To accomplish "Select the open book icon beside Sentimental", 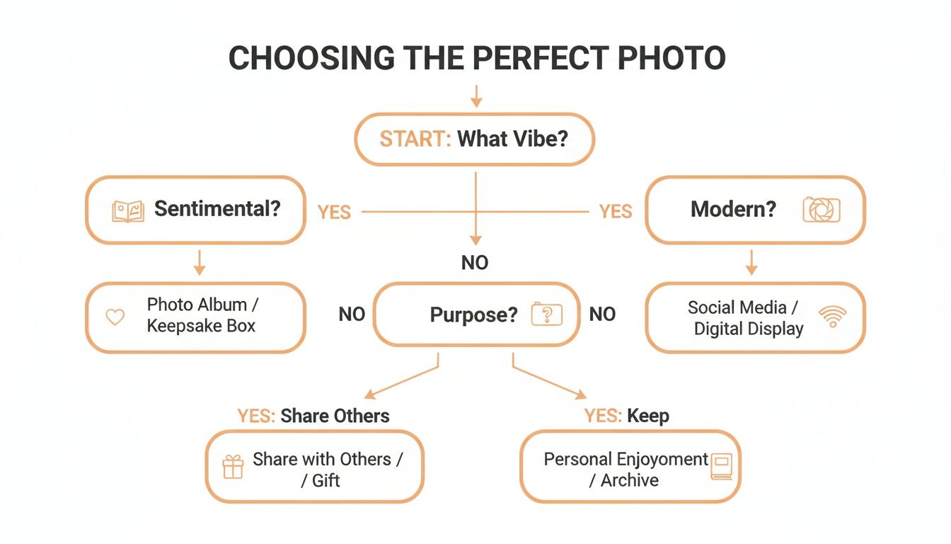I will coord(128,210).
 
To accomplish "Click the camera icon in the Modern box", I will coord(822,210).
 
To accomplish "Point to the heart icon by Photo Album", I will coord(115,317).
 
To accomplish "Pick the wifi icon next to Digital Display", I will coord(832,317).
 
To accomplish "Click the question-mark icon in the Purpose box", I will coord(546,314).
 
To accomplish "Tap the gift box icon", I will coord(233,467).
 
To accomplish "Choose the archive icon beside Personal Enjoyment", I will coord(722,467).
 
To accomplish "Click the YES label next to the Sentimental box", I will coord(334,212).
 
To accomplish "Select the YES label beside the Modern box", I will coord(615,212).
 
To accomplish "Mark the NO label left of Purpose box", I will coord(352,314).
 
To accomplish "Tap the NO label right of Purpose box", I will coord(602,314).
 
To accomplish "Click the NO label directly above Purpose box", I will coord(475,263).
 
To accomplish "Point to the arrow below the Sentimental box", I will coord(200,263).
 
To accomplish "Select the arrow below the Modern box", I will coord(751,263).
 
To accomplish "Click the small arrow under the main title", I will coord(476,96).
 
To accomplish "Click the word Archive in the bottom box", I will coord(630,480).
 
